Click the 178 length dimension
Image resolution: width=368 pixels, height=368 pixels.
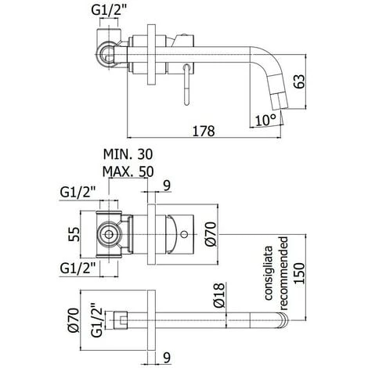(x=204, y=131)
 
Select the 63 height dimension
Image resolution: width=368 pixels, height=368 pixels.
(x=299, y=81)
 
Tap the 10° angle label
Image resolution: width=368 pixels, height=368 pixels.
(x=265, y=121)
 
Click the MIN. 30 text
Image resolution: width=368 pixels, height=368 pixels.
(x=128, y=154)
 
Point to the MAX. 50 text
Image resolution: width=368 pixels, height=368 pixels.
(x=128, y=171)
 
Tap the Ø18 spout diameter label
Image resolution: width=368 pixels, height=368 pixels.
(x=218, y=295)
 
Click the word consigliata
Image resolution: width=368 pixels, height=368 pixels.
(x=268, y=273)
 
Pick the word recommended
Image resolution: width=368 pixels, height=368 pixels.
(x=283, y=273)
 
